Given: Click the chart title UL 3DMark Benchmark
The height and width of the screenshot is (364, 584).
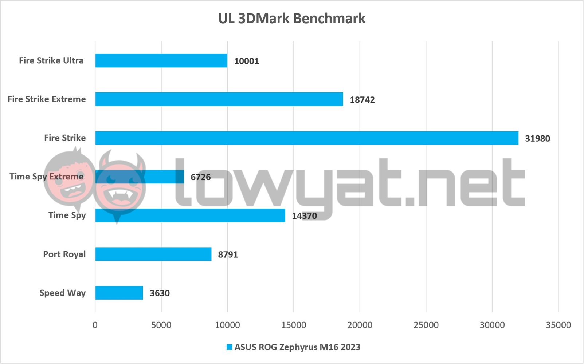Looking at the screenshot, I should point(291,19).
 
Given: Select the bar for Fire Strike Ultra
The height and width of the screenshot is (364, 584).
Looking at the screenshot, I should point(161,60).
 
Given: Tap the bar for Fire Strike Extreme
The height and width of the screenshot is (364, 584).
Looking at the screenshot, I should point(219,99).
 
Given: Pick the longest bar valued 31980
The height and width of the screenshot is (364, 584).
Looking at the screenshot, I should point(306,138).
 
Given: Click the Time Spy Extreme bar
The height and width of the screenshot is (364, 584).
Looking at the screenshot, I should point(140,177).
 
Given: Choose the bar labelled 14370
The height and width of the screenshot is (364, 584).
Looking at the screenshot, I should point(190,215).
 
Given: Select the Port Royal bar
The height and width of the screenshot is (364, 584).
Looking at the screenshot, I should point(153,254).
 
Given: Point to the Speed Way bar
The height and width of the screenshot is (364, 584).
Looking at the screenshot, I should point(119,293).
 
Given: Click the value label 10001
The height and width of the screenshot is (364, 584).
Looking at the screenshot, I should point(246,61).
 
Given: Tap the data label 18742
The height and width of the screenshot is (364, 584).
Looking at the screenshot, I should point(362,100).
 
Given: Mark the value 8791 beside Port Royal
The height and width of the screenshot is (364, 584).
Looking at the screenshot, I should point(228,254).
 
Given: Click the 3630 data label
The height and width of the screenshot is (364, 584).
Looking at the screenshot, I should point(160,293).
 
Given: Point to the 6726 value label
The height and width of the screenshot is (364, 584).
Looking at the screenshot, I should point(200,177).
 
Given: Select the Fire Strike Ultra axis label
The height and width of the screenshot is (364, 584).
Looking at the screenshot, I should point(51,60).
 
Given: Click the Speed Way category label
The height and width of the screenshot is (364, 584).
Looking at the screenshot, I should point(62,293).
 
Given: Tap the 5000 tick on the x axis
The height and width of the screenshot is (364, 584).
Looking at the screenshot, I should point(161,325).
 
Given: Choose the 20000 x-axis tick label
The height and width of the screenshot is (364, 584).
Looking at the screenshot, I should point(360,325).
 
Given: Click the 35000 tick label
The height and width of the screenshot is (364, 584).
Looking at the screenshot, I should point(558,325).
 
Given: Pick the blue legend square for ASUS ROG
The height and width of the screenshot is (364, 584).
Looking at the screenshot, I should point(229,347).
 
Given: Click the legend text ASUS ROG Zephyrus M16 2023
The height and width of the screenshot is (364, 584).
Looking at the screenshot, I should point(297,347).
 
